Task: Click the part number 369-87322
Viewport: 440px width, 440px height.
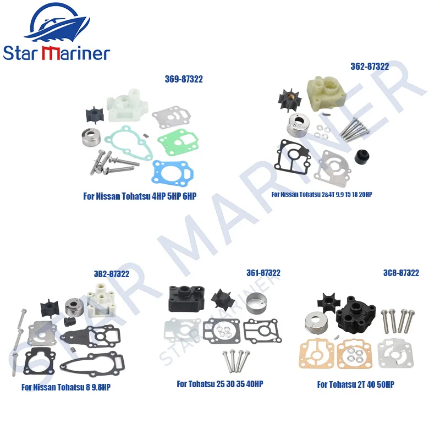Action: coord(184,79)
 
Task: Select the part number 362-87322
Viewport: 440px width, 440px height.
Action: coord(370,67)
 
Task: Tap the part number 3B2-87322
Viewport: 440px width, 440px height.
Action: coord(112,274)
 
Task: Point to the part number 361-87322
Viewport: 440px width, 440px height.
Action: coord(263,273)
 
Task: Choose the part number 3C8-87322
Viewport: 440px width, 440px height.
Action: coord(402,273)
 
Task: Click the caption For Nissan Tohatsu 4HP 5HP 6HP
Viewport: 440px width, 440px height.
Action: coord(140,196)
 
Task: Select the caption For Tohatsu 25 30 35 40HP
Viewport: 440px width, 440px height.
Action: coord(220,383)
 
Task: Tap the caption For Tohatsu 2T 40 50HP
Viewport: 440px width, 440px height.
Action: coord(355,384)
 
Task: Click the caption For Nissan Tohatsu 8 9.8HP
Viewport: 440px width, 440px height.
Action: coord(66,387)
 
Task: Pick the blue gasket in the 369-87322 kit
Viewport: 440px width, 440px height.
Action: coord(173,173)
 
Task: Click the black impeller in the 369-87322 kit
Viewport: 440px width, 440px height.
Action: coord(95,115)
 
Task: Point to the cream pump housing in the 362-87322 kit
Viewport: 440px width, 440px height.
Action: coord(327,91)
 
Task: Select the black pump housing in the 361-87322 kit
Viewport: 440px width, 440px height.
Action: coord(186,299)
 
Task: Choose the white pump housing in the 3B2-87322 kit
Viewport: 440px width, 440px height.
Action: coord(101,300)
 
